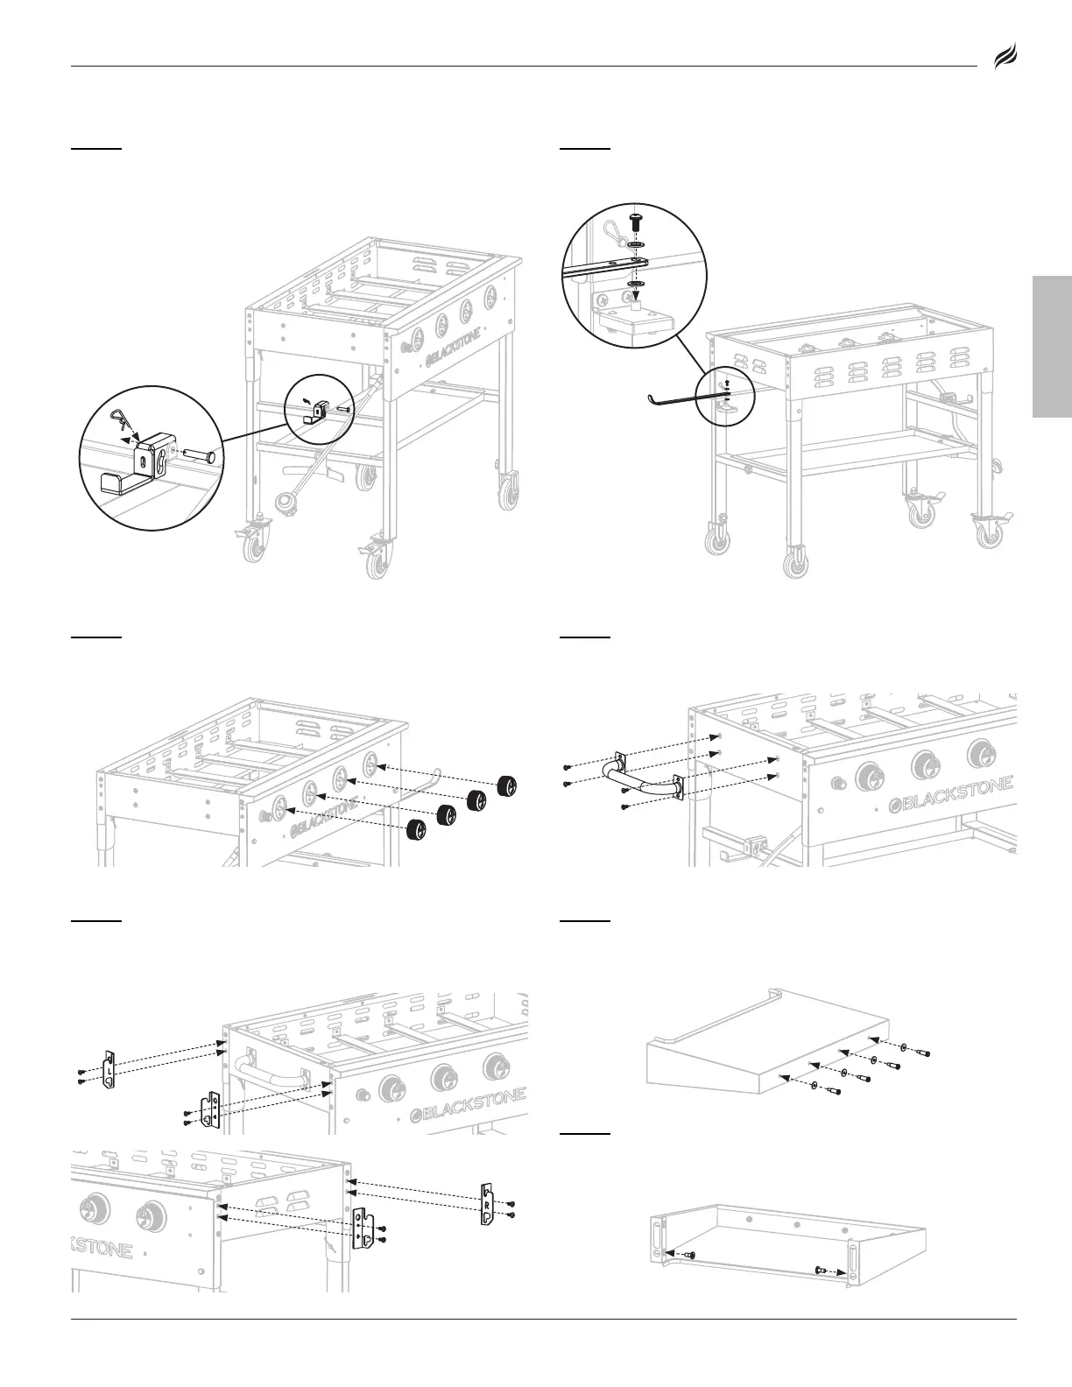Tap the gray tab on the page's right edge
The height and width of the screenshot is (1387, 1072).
click(x=1053, y=348)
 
